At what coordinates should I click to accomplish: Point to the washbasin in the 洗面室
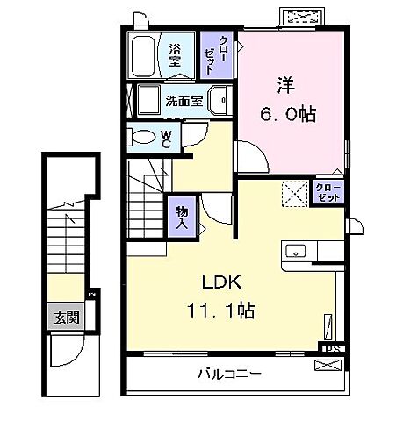click(x=222, y=99)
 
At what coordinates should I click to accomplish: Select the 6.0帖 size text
click(x=288, y=114)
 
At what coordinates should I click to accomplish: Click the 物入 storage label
click(x=182, y=217)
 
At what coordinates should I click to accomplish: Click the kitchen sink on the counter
click(x=295, y=250)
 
